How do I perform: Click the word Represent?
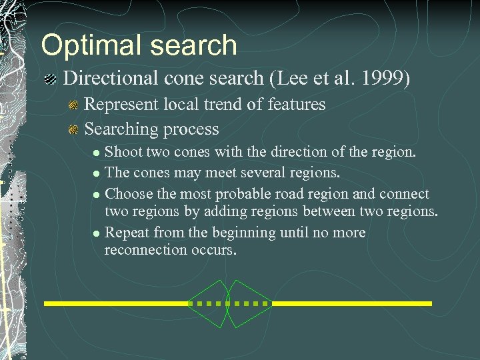point(122,105)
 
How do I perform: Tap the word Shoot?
point(124,151)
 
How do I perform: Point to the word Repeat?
point(127,233)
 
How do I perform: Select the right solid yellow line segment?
point(351,303)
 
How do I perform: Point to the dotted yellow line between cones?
point(229,303)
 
